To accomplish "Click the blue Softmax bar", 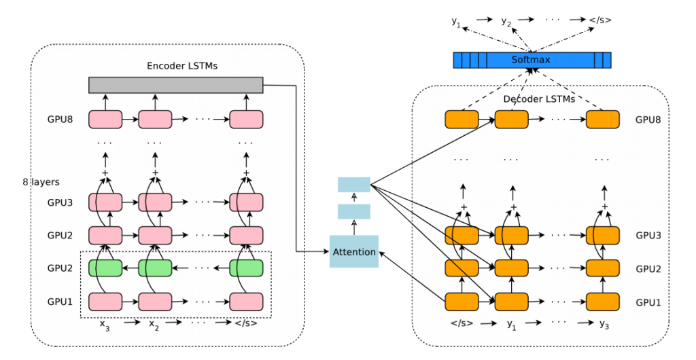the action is (x=532, y=60).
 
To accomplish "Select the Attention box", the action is (x=353, y=251).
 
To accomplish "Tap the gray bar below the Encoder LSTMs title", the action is (x=176, y=85).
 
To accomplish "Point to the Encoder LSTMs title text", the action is (x=182, y=66).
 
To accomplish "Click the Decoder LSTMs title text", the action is (x=539, y=99).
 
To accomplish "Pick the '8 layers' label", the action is (x=41, y=182).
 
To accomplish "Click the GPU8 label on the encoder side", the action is (x=60, y=120).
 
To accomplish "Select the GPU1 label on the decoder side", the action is (x=648, y=302).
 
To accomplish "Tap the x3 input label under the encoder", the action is (x=104, y=325).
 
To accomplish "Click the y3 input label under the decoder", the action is (x=604, y=325).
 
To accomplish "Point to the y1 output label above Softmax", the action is (x=456, y=21).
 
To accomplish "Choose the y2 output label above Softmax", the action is (x=506, y=21).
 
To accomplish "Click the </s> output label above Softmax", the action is (x=600, y=20).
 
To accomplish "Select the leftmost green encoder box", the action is (x=105, y=268).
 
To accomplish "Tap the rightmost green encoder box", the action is (x=246, y=268).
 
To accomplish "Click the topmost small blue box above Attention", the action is (x=353, y=185).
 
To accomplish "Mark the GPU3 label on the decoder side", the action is (x=648, y=236).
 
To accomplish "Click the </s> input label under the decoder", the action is (x=462, y=323).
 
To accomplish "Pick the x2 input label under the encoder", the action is (x=154, y=325).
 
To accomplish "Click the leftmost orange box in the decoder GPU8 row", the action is (x=462, y=120).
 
